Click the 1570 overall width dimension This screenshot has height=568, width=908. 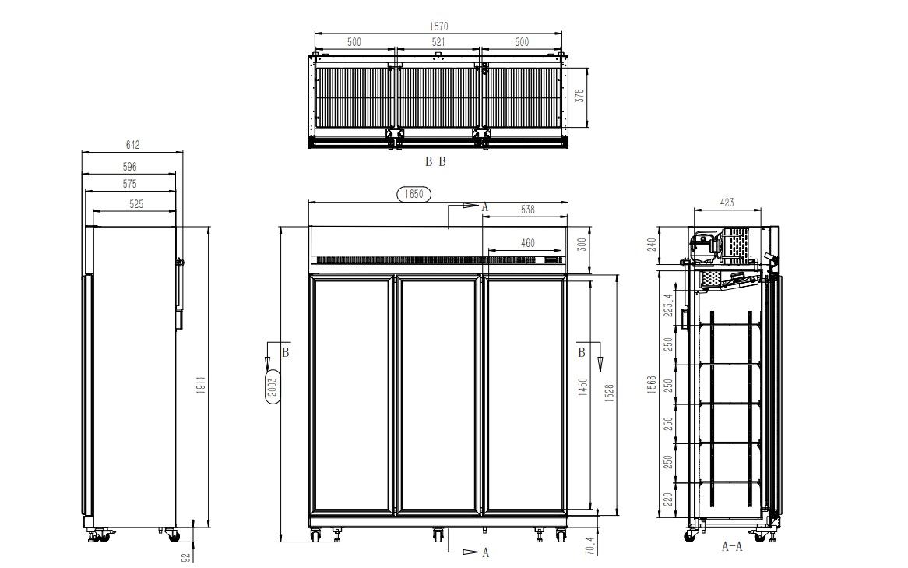(x=438, y=26)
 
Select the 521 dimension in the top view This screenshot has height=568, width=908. (x=438, y=42)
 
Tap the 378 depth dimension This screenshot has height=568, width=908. (x=579, y=96)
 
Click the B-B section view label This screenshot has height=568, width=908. (x=435, y=162)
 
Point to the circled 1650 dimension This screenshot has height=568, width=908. (x=414, y=194)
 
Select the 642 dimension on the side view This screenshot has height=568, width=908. (x=132, y=145)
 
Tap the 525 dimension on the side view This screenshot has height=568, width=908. (x=136, y=204)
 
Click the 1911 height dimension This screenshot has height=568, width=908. (x=201, y=386)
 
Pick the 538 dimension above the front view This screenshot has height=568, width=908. (x=527, y=210)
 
